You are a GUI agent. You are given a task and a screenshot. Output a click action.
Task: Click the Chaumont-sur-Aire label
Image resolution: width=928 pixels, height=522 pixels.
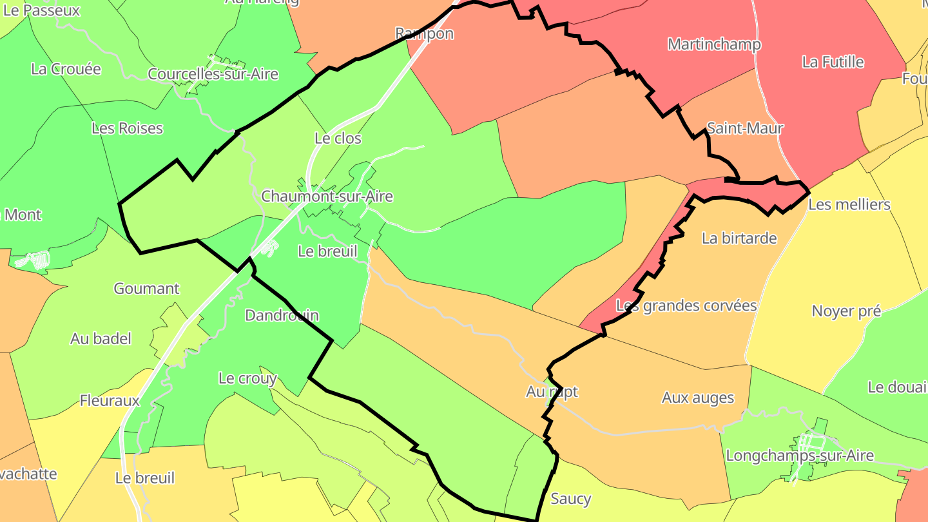click(327, 197)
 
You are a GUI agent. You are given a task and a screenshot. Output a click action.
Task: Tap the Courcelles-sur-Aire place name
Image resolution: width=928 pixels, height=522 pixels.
click(213, 74)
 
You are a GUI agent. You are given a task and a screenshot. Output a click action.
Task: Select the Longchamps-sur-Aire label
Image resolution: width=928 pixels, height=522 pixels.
click(800, 456)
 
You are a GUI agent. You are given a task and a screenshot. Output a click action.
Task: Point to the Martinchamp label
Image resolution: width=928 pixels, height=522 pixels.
click(714, 44)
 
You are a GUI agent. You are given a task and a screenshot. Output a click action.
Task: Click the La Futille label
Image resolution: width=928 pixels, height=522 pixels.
click(833, 62)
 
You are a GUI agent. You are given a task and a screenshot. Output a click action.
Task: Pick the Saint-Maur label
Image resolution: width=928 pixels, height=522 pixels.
click(745, 128)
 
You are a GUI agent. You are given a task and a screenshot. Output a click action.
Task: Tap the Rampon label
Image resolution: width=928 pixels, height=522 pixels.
click(424, 34)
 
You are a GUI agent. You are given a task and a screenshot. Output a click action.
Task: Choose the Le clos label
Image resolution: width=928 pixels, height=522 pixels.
click(338, 138)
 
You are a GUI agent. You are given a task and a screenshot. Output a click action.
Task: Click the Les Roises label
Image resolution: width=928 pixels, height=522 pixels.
click(127, 128)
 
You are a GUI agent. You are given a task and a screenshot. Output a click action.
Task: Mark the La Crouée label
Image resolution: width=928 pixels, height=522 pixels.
click(66, 69)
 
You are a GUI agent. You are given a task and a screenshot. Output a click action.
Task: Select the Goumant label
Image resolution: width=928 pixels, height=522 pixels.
click(146, 288)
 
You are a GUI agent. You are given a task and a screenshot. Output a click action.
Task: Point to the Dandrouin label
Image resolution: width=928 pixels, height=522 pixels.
click(282, 315)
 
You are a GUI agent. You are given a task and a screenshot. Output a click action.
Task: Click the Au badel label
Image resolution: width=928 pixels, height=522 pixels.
click(101, 338)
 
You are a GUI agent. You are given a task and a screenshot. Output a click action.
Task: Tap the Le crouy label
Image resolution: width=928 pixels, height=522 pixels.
click(247, 378)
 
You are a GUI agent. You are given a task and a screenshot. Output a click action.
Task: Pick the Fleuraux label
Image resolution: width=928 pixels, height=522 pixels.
click(110, 400)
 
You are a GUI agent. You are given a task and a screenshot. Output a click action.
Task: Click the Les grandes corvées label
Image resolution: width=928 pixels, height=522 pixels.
click(686, 305)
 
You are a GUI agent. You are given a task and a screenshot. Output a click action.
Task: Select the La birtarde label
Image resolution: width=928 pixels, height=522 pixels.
click(739, 238)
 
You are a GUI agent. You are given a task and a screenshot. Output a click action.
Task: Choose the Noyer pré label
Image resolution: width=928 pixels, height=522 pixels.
click(846, 311)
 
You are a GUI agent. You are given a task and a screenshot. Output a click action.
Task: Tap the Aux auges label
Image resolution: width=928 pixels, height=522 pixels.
click(697, 398)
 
